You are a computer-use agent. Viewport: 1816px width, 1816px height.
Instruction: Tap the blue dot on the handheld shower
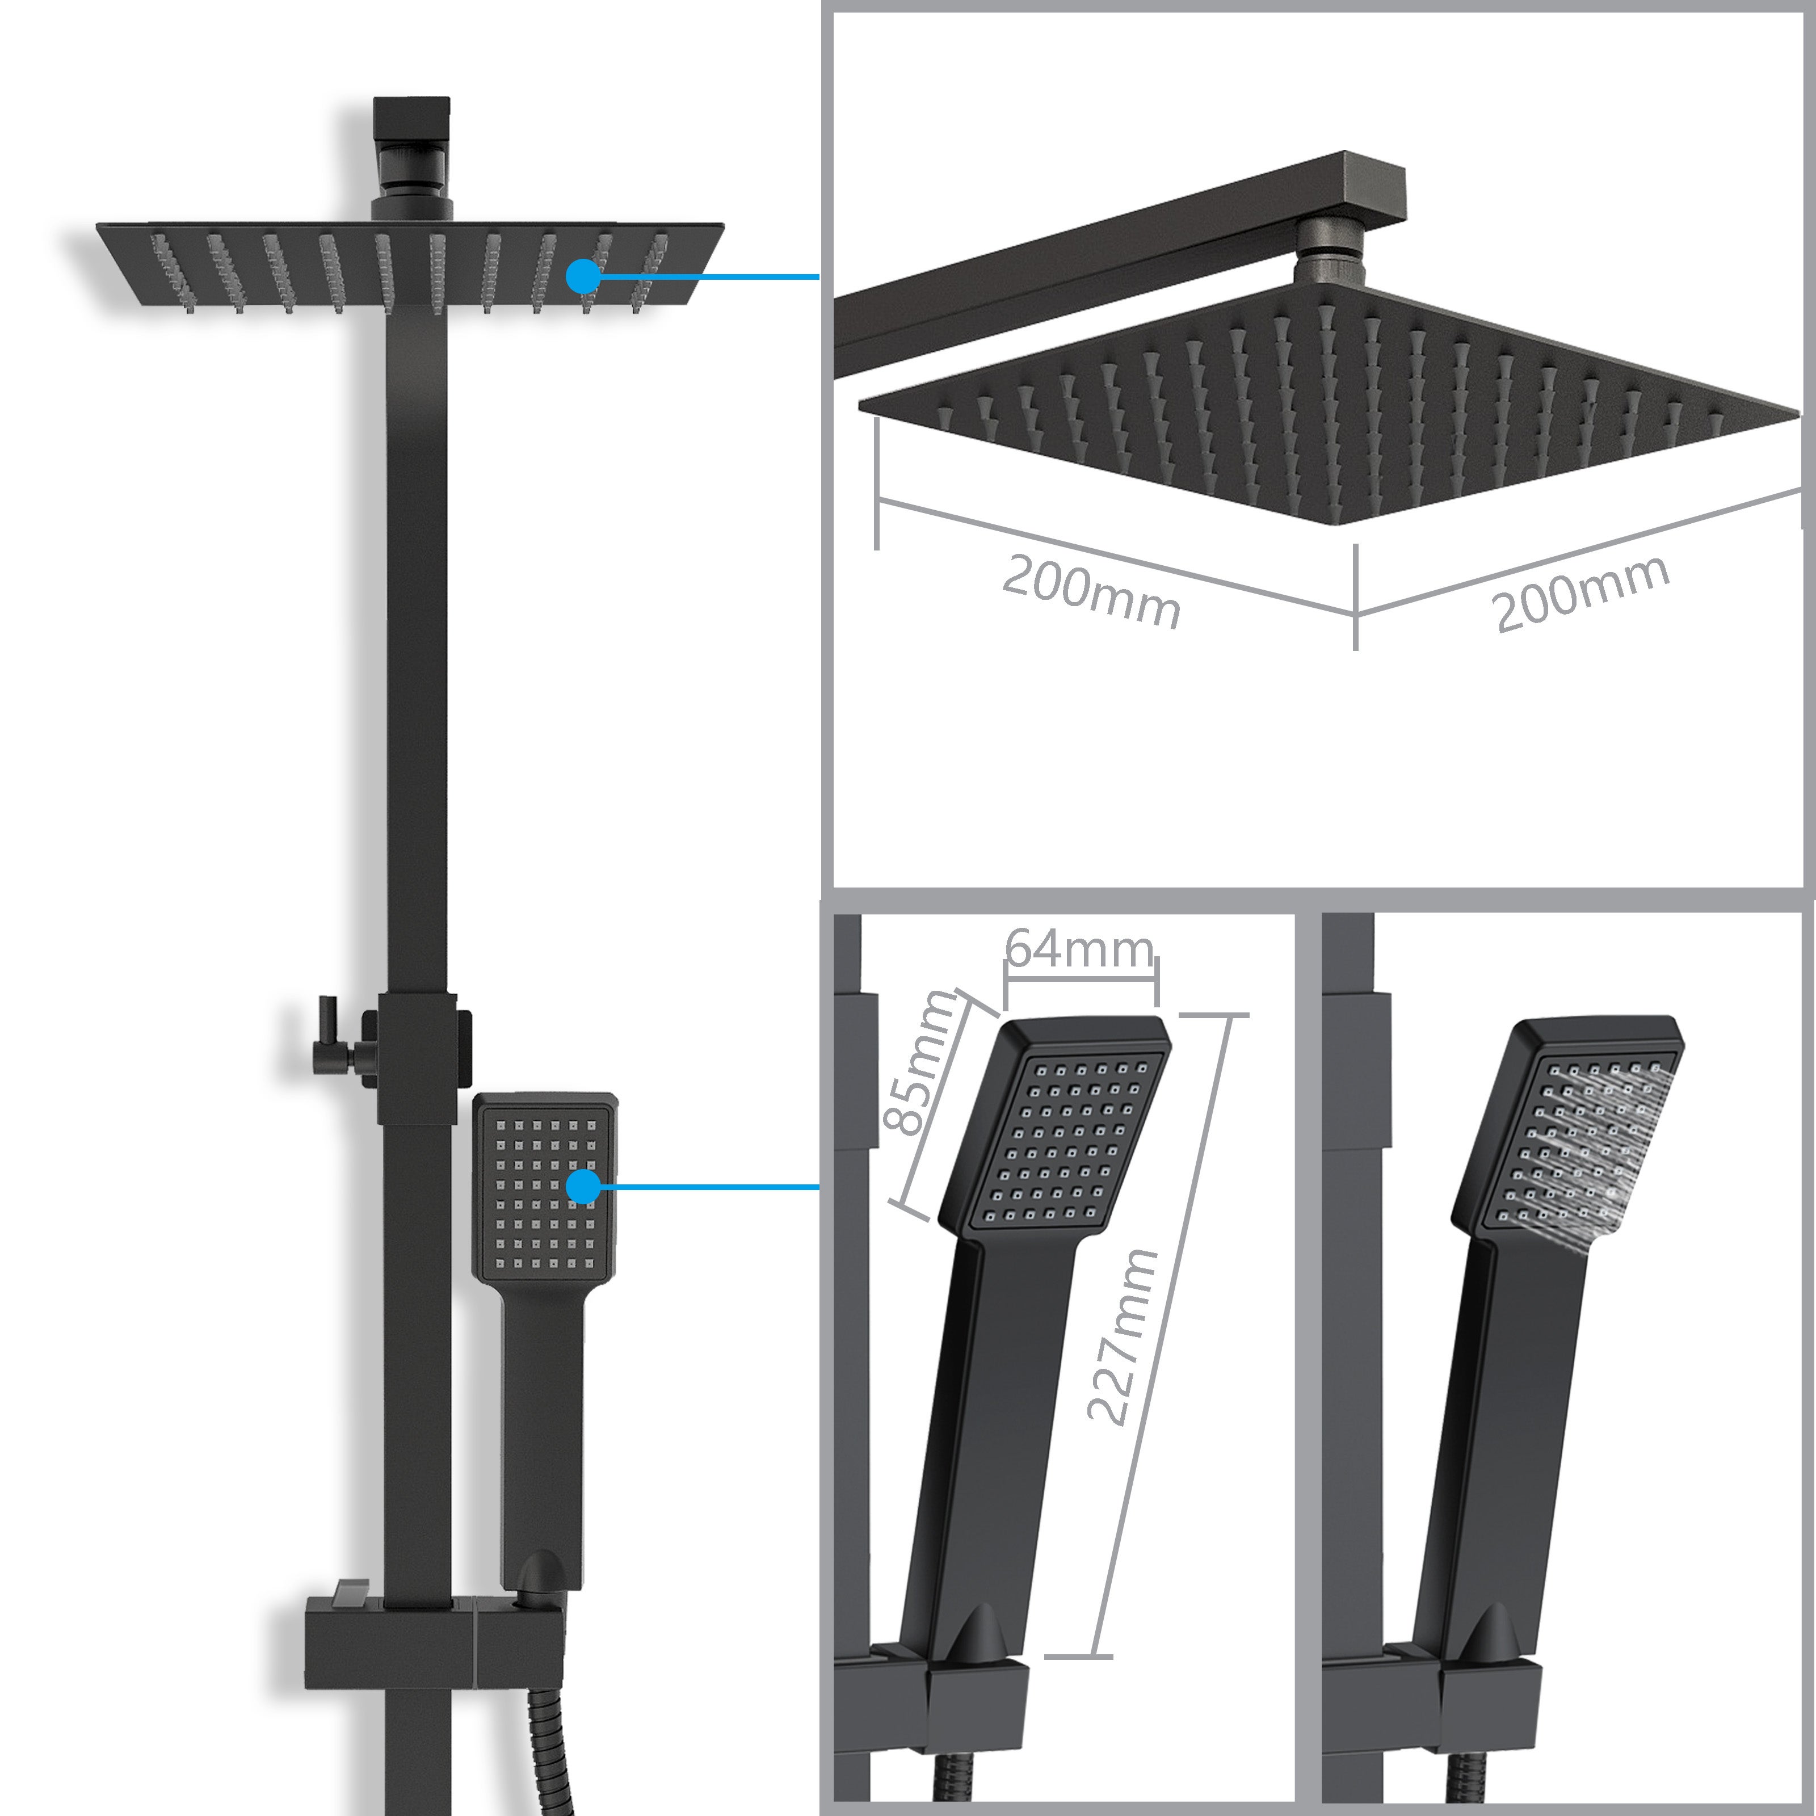point(584,1186)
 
